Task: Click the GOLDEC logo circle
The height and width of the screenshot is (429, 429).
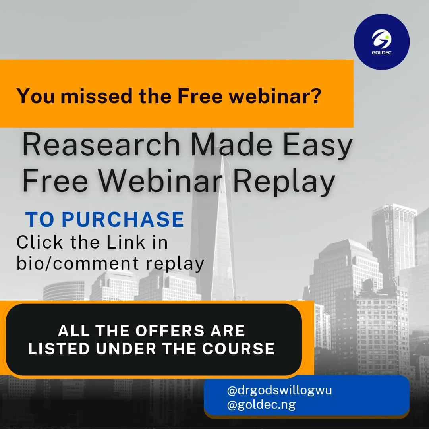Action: click(382, 42)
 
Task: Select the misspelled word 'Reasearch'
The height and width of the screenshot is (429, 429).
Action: click(101, 145)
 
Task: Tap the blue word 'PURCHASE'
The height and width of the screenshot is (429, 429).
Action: click(123, 219)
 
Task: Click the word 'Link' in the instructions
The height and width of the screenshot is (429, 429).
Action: click(126, 242)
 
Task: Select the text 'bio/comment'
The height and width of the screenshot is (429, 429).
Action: click(78, 263)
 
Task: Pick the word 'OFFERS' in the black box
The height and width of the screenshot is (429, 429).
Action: click(170, 330)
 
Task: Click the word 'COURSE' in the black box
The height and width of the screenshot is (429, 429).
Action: click(238, 348)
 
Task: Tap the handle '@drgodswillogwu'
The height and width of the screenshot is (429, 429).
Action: click(279, 390)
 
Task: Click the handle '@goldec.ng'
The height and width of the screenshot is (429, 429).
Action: click(261, 405)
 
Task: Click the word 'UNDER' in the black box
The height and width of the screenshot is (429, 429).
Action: click(126, 348)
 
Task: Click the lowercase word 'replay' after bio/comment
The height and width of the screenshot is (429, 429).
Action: click(175, 264)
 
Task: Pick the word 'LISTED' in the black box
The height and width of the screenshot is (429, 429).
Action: click(59, 348)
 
